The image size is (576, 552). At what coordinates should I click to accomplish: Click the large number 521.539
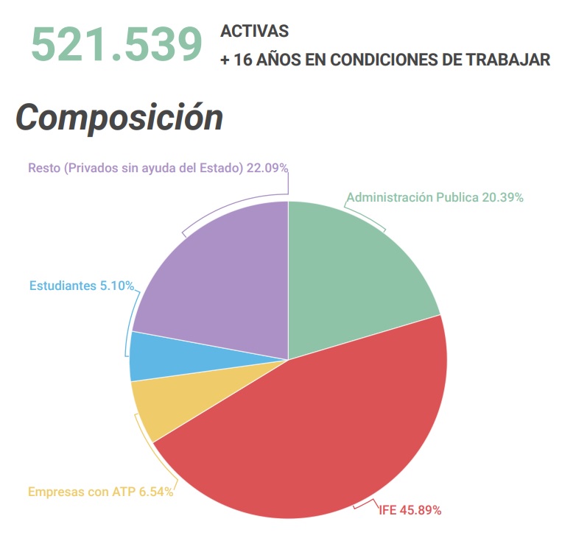(x=116, y=44)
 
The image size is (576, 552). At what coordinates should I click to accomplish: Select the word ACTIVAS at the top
(x=254, y=32)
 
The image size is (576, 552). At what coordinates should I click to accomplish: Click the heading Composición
(x=119, y=117)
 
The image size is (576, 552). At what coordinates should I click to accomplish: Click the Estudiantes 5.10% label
(x=82, y=286)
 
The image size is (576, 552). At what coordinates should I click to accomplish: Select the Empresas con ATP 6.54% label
(x=101, y=492)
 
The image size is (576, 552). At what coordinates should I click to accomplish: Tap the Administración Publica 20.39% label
(x=435, y=197)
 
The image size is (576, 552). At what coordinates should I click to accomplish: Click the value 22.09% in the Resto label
(x=267, y=168)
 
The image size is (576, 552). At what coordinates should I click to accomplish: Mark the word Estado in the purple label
(x=221, y=168)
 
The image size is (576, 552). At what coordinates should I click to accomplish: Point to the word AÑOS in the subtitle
(x=273, y=60)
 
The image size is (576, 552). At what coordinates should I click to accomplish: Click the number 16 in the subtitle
(x=242, y=60)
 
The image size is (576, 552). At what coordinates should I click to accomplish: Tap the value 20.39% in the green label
(x=502, y=197)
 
